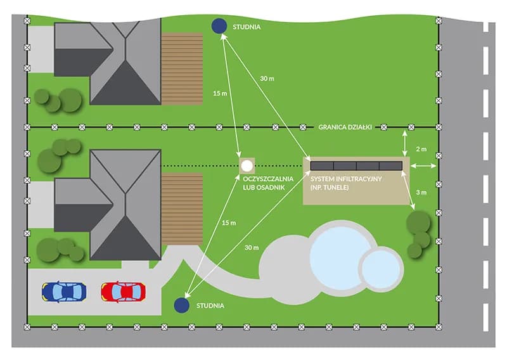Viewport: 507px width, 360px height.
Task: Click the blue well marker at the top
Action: click(219, 26)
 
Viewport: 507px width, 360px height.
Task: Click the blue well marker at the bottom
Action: click(183, 305)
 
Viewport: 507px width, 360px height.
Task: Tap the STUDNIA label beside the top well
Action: click(247, 27)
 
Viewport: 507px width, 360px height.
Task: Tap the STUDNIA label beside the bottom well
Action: click(210, 306)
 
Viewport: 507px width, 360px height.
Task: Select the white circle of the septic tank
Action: click(247, 166)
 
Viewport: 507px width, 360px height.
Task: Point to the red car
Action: click(123, 292)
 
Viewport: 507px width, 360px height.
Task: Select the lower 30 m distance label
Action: click(251, 247)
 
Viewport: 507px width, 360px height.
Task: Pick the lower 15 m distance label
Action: click(229, 224)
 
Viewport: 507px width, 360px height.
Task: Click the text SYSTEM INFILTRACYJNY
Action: click(346, 179)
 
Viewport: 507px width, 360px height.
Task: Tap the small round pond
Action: click(380, 267)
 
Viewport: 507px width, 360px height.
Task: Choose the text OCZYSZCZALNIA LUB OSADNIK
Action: click(266, 183)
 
